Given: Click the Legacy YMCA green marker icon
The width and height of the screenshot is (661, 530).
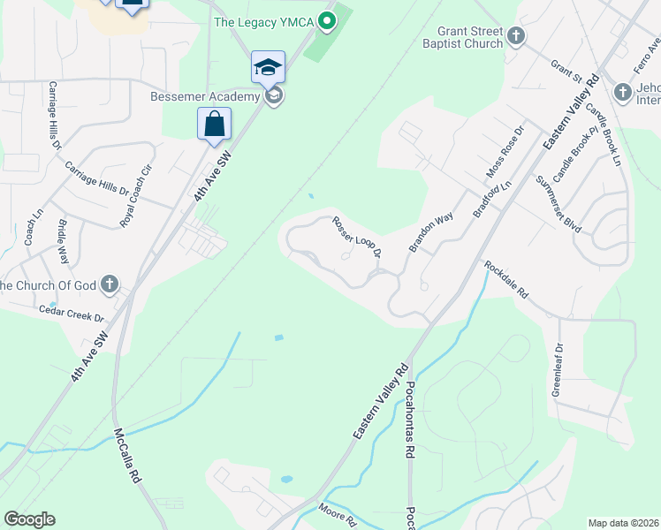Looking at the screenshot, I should (327, 19).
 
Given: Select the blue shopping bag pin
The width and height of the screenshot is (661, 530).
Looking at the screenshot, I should (215, 125).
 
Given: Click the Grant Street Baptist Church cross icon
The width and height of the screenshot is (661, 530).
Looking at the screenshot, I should (517, 37).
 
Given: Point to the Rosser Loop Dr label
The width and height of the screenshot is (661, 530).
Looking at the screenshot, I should (356, 237).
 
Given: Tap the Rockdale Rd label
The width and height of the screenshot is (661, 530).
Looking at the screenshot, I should (505, 279).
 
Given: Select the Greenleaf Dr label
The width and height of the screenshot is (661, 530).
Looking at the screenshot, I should (557, 371).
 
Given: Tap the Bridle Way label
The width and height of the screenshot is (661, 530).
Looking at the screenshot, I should (64, 242).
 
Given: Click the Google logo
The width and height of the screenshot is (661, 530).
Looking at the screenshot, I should (29, 519).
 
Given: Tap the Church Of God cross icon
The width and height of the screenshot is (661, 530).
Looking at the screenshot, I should (110, 284).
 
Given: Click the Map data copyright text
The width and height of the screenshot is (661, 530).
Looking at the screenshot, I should (623, 523).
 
